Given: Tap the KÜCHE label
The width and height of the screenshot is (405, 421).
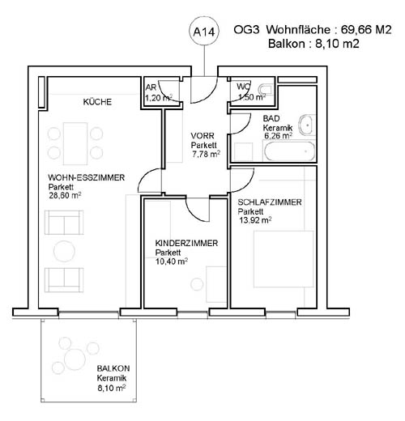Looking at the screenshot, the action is (x=97, y=102).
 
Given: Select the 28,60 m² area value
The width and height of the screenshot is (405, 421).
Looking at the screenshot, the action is (x=65, y=195).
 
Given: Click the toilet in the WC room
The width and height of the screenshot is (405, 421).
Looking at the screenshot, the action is (x=265, y=89).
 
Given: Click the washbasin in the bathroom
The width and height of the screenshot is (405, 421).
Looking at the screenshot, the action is (x=307, y=125).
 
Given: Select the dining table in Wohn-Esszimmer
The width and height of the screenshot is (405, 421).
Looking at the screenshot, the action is (x=75, y=143).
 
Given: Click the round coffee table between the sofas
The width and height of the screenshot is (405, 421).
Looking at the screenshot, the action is (x=64, y=251).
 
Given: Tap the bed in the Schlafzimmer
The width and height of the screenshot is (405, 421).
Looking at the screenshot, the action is (x=283, y=258).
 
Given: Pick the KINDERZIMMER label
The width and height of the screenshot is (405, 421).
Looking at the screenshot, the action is (x=186, y=243).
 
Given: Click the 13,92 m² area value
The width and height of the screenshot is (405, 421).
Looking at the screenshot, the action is (x=255, y=220).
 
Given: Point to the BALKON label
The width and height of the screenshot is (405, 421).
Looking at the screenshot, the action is (x=113, y=368).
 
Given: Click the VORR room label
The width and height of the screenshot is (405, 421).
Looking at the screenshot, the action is (x=202, y=135).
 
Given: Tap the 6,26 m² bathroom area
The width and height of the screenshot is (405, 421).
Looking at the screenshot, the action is (x=278, y=135).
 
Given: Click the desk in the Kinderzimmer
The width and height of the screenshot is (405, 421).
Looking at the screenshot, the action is (x=216, y=284).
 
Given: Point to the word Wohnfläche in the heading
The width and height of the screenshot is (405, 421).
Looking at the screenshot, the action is (x=298, y=29).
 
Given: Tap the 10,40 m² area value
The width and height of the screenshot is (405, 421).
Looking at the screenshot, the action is (x=172, y=262).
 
